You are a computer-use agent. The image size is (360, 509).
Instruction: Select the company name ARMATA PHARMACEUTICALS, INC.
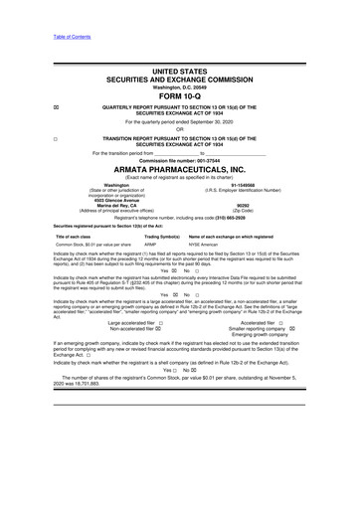[179, 169]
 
